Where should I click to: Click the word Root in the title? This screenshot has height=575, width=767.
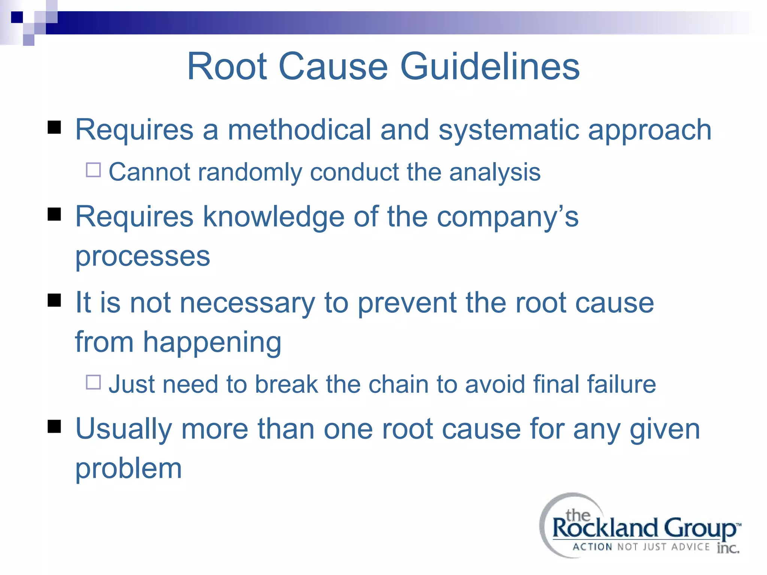pos(227,66)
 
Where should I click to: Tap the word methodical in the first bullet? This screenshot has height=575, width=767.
pos(299,130)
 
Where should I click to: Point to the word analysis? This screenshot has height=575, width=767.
pos(495,173)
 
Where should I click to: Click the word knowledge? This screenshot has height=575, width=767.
pos(273,217)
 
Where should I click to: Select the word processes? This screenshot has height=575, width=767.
pos(143,257)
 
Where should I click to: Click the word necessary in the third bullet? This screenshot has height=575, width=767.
pos(248,303)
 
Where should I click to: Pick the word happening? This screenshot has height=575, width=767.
pos(212,343)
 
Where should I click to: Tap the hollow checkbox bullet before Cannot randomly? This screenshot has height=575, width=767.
pos(93,170)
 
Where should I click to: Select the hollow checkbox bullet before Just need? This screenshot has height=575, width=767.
pos(93,382)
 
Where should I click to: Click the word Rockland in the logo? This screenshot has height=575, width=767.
pos(604,529)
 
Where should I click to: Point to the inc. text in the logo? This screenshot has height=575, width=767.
pos(728,548)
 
